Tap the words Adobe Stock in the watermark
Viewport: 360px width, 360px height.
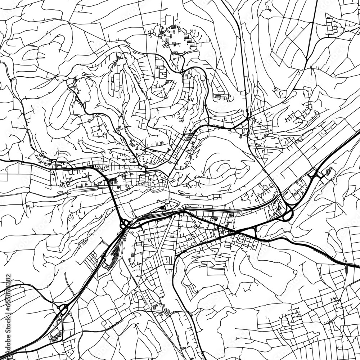(x=180, y=180)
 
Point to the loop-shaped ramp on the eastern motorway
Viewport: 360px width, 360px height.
(x=287, y=215)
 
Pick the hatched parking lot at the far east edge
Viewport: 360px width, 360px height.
(x=328, y=172)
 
